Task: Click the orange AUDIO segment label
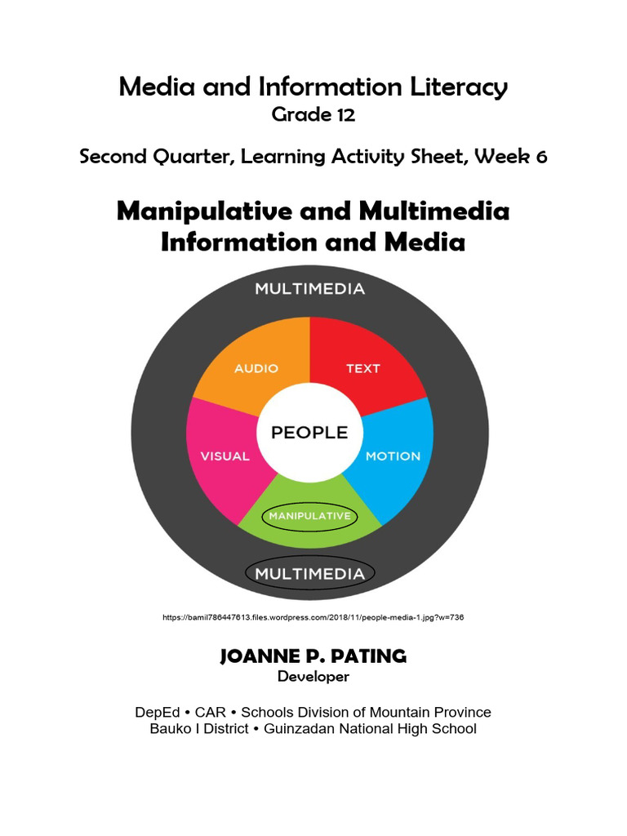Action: pyautogui.click(x=256, y=368)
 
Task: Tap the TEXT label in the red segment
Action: pyautogui.click(x=362, y=368)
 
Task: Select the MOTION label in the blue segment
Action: pyautogui.click(x=393, y=456)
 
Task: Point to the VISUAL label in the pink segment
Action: pyautogui.click(x=225, y=456)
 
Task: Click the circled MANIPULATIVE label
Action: pyautogui.click(x=310, y=516)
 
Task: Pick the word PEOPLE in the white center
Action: pyautogui.click(x=309, y=433)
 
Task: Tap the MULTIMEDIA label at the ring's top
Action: pyautogui.click(x=309, y=288)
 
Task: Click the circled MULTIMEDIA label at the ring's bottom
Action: pyautogui.click(x=309, y=573)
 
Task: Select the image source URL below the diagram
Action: pyautogui.click(x=313, y=617)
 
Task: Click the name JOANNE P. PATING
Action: pyautogui.click(x=313, y=656)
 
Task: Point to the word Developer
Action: pyautogui.click(x=313, y=676)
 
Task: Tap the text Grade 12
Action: pyautogui.click(x=313, y=115)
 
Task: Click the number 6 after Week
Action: pyautogui.click(x=541, y=157)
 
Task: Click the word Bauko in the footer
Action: pyautogui.click(x=170, y=729)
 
